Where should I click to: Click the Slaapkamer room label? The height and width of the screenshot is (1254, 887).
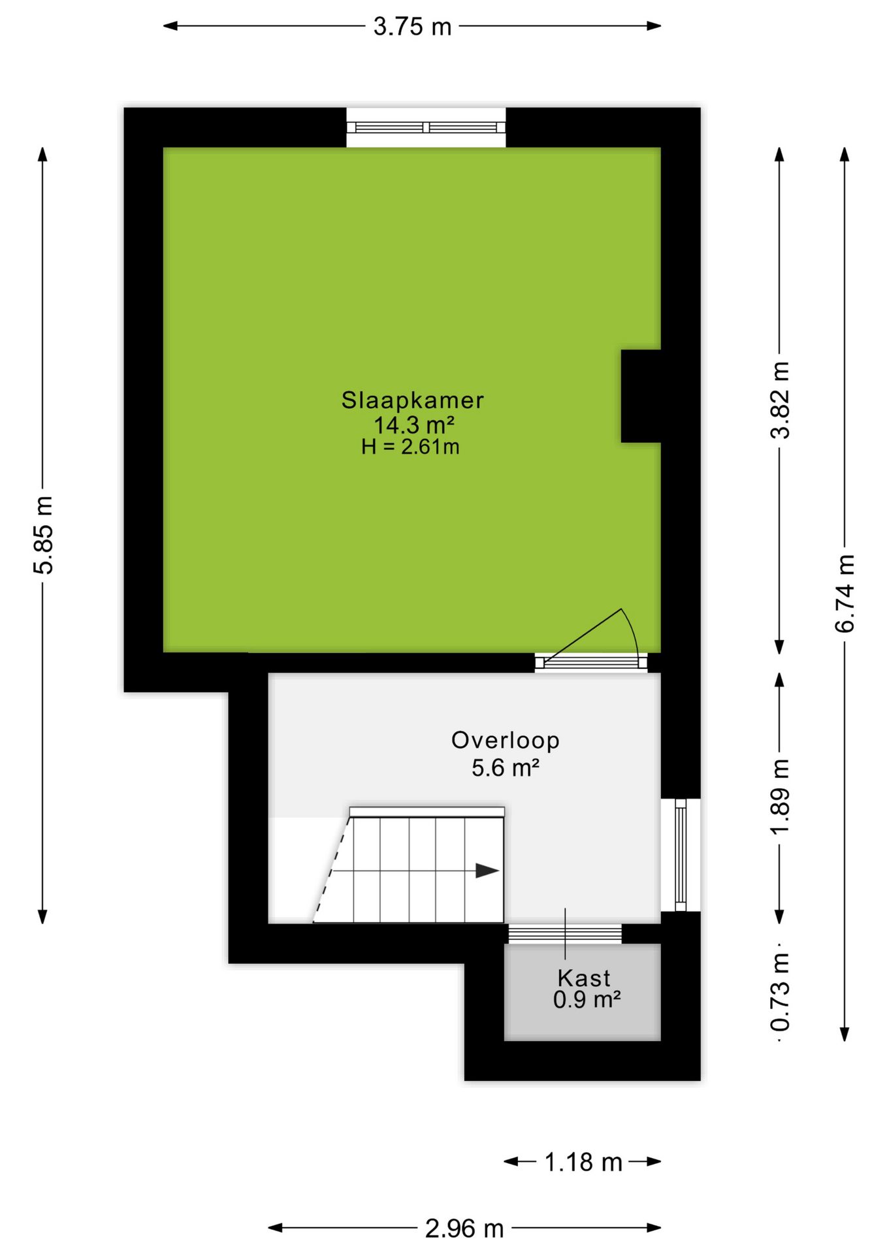412,400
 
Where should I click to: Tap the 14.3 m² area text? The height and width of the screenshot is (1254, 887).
413,425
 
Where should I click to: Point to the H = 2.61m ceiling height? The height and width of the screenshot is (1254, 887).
410,447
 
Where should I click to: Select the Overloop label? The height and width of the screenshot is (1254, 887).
505,740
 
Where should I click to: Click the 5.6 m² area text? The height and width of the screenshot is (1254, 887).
506,767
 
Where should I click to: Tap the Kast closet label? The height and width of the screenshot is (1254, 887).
584,978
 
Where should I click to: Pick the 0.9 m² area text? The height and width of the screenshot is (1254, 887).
587,999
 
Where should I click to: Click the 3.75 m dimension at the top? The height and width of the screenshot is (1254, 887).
412,26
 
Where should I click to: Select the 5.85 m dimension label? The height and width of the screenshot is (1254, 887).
43,535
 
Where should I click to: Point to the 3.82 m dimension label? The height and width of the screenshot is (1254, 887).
780,400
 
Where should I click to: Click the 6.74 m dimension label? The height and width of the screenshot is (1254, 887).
845,593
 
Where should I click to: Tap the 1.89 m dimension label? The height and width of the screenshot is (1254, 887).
780,796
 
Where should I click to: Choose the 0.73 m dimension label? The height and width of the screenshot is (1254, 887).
780,992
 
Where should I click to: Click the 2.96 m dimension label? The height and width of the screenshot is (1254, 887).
464,1229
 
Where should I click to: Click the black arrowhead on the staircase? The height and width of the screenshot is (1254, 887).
487,871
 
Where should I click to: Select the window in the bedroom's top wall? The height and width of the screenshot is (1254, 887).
426,127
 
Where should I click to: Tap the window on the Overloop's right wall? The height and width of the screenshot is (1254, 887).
681,854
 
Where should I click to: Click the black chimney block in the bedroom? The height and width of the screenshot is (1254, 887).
641,396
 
